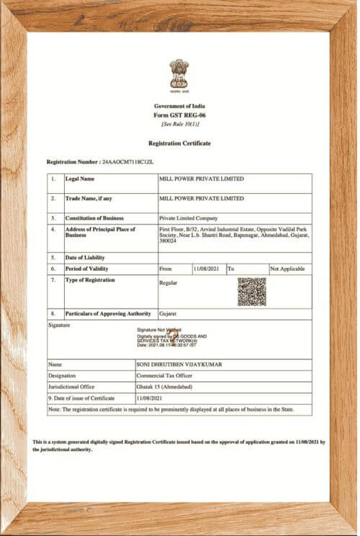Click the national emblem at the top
(x=179, y=75)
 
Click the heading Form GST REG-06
(x=179, y=115)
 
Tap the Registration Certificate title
(x=179, y=143)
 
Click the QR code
(x=252, y=291)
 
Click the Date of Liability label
(x=85, y=257)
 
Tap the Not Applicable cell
(x=287, y=269)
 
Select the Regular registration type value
(x=168, y=282)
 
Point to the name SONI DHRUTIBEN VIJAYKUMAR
(x=179, y=365)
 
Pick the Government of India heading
(x=179, y=106)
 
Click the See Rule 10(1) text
(x=179, y=123)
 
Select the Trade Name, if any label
(x=89, y=198)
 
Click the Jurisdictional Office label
(x=71, y=387)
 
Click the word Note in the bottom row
(x=54, y=409)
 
